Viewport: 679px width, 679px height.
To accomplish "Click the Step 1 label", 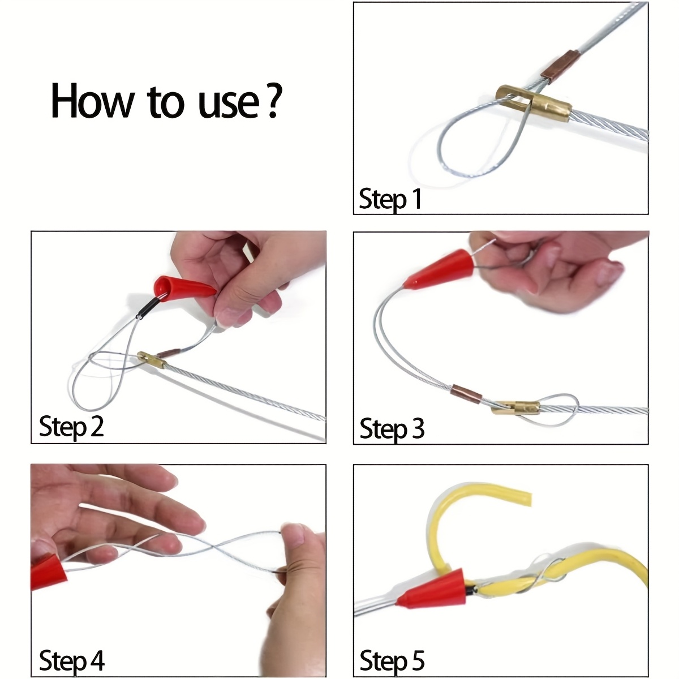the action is (x=390, y=199).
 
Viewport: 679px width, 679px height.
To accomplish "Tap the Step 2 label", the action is (x=71, y=426).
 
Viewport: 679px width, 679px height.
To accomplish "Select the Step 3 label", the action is (x=392, y=428).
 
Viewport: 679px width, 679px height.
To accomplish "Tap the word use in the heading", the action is (x=229, y=105).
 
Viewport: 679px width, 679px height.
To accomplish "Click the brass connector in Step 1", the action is (x=533, y=103).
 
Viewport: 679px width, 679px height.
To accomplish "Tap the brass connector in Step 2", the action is (x=151, y=360).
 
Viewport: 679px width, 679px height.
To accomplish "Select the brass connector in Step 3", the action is (x=515, y=407).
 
